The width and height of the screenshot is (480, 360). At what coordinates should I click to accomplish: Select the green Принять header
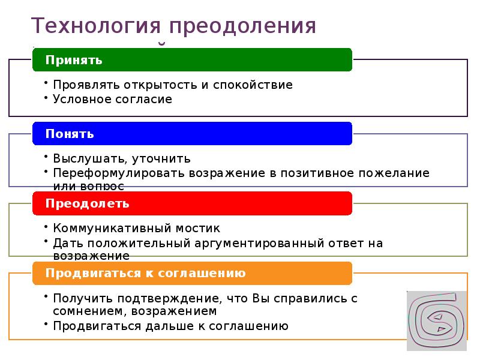pyautogui.click(x=191, y=60)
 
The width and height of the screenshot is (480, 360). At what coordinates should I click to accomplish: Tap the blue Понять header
pyautogui.click(x=191, y=133)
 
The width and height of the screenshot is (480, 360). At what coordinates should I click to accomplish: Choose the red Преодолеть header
pyautogui.click(x=191, y=203)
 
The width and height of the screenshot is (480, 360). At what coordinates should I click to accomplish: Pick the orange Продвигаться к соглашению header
pyautogui.click(x=191, y=273)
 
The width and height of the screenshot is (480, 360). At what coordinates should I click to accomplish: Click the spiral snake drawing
pyautogui.click(x=436, y=320)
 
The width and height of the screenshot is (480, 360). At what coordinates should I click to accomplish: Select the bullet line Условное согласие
pyautogui.click(x=112, y=99)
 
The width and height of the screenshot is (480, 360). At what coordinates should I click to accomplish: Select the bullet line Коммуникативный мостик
pyautogui.click(x=136, y=229)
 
